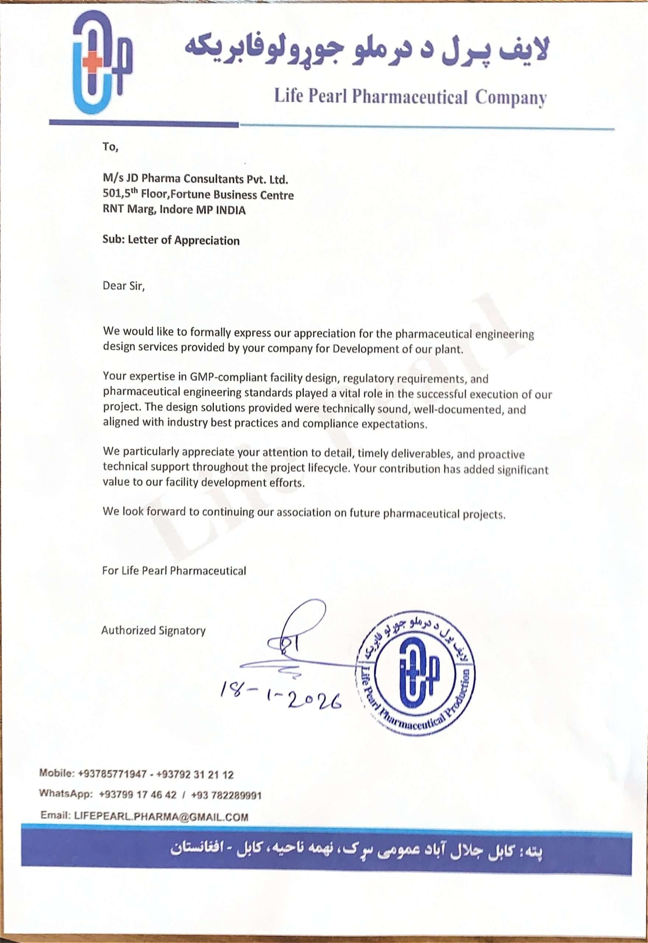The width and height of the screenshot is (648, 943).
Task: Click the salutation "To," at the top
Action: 110,147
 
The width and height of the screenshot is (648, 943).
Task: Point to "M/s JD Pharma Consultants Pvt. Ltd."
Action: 195,179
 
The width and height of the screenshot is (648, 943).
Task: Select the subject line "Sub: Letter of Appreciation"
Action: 171,240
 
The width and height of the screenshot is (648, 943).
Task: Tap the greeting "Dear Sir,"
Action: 123,285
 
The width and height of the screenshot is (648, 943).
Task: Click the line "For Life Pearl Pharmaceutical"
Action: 174,571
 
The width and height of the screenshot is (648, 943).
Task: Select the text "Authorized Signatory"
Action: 153,630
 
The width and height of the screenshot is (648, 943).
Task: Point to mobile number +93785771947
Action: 112,774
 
